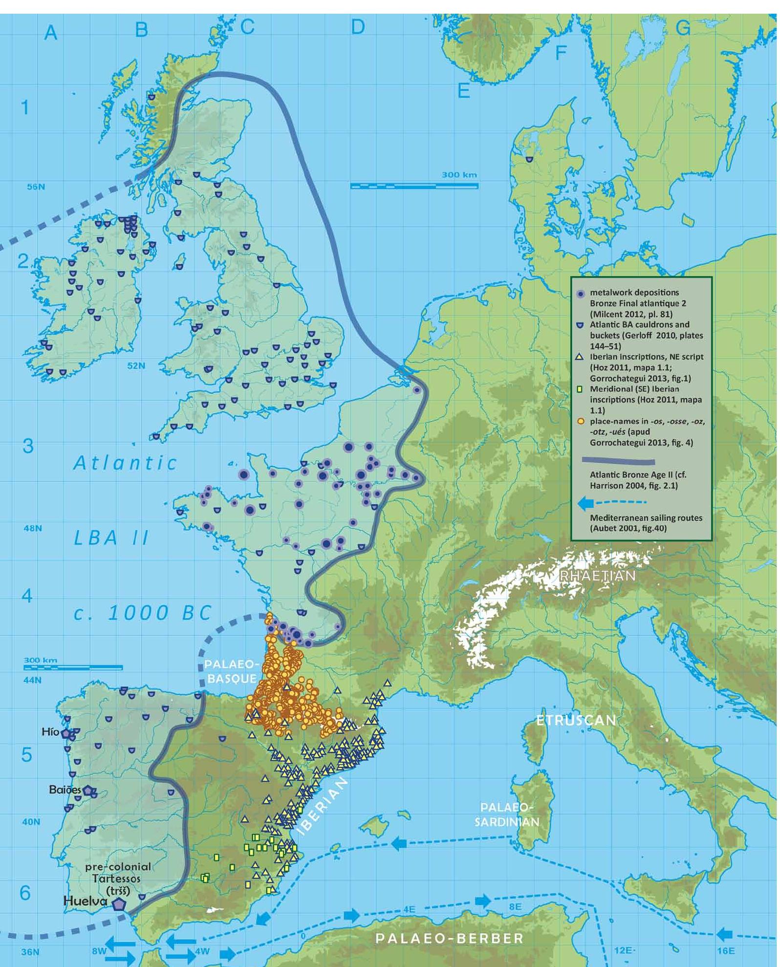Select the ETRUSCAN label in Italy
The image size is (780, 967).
click(576, 720)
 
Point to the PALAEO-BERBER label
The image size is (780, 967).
click(449, 938)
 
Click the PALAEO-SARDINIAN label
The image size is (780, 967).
click(507, 815)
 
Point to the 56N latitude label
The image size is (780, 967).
click(35, 187)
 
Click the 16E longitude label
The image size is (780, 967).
click(726, 951)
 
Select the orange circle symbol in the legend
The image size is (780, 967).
click(580, 421)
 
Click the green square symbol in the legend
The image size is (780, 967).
click(580, 389)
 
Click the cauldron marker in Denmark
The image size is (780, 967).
click(529, 159)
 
